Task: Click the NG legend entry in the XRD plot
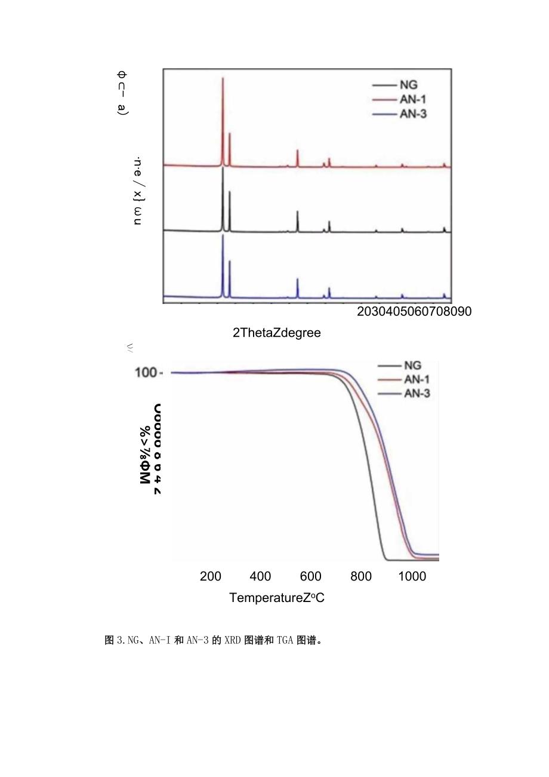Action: coord(408,85)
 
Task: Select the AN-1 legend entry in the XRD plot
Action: coord(412,100)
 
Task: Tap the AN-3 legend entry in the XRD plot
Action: coord(412,113)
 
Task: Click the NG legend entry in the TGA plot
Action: coord(412,366)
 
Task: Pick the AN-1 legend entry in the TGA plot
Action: coord(417,379)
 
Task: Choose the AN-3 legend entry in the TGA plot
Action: coord(417,393)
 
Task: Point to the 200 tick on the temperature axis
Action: coord(211,576)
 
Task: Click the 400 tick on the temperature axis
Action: coord(260,576)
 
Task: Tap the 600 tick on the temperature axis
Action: coord(310,576)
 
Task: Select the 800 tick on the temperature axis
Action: coord(361,576)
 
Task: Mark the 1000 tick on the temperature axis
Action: coord(412,576)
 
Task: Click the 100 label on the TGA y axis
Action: coord(146,373)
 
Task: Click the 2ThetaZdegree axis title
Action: coord(276,333)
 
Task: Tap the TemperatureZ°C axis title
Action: coord(277,598)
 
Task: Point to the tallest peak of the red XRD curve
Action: coord(223,79)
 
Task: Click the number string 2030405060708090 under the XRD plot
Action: coord(414,312)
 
